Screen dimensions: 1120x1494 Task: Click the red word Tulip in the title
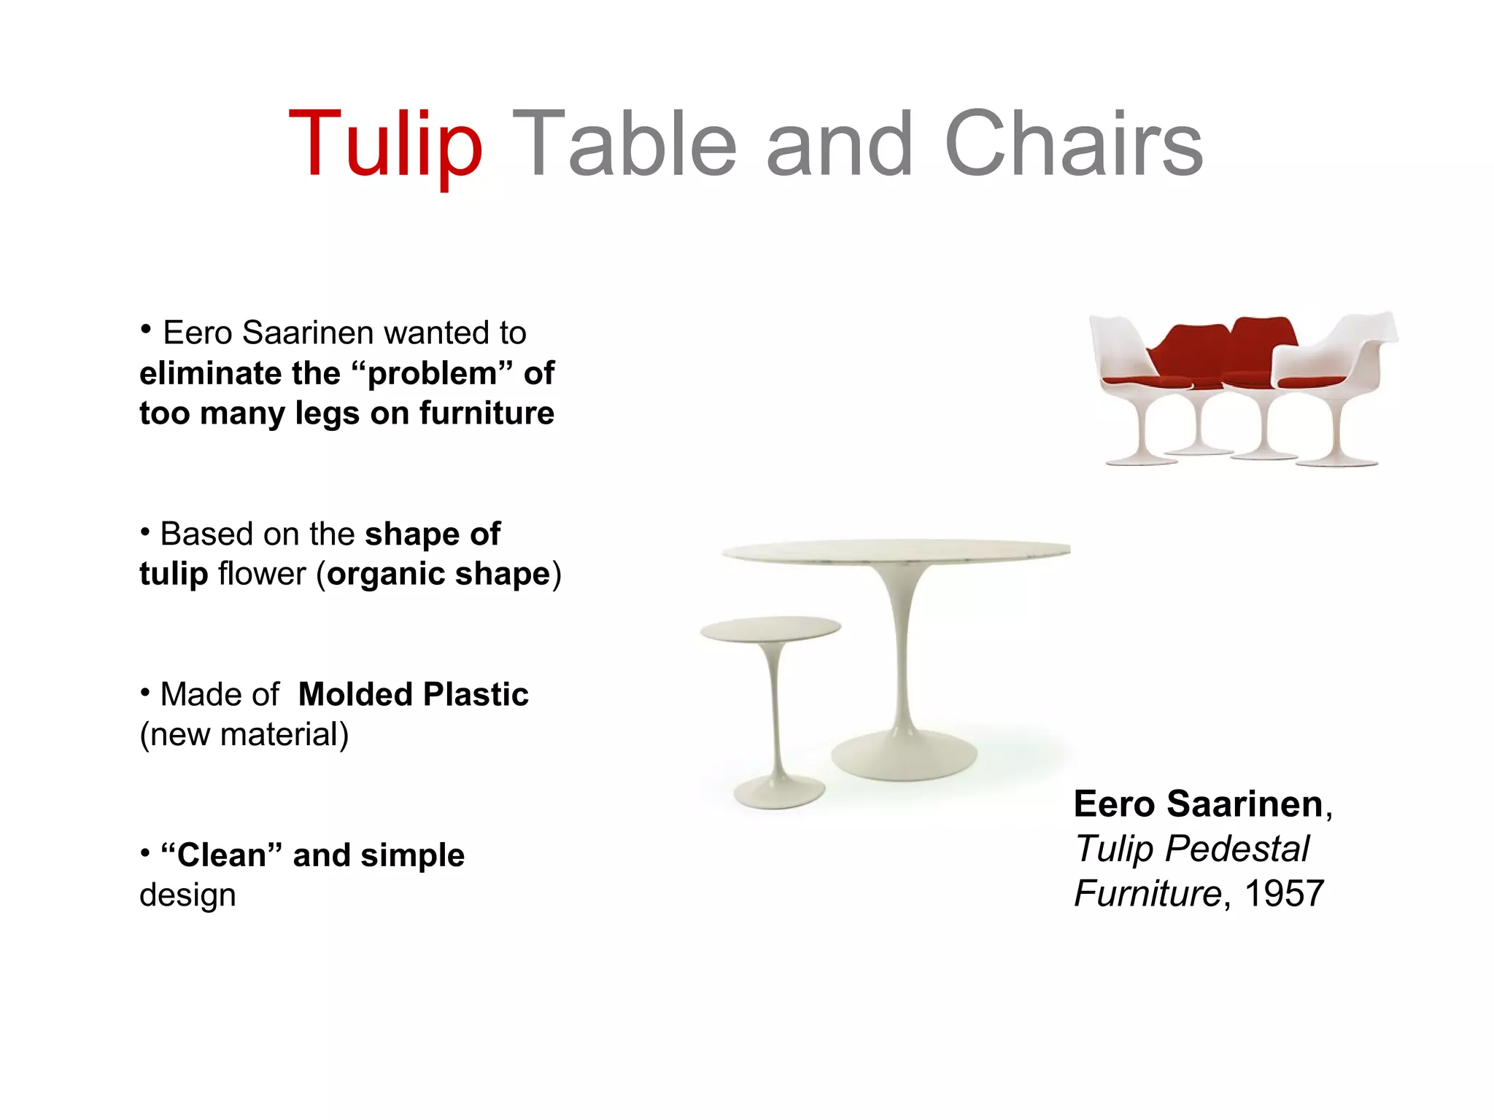tap(385, 144)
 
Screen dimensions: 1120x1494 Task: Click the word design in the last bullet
tap(187, 895)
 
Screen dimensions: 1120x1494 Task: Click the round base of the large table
tap(904, 758)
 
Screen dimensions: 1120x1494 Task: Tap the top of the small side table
tap(770, 629)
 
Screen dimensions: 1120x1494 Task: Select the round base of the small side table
tap(779, 793)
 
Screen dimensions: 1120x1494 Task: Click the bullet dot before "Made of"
tap(145, 691)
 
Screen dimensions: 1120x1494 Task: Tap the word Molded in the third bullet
tap(355, 694)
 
